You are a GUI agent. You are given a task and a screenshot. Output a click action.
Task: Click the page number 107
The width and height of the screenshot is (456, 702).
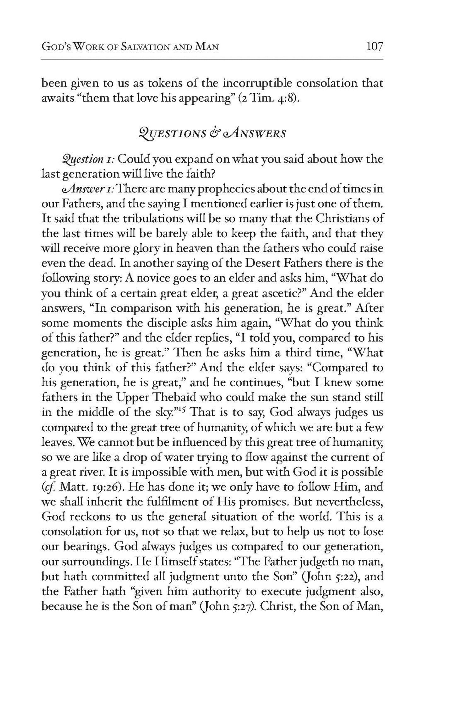click(374, 47)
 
